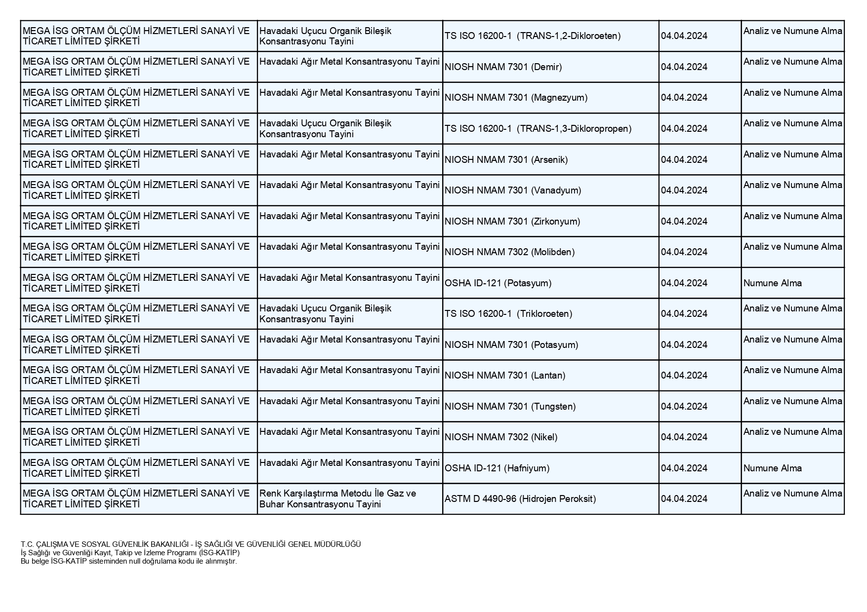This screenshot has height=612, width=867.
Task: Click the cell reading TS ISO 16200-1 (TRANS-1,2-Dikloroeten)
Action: pyautogui.click(x=533, y=36)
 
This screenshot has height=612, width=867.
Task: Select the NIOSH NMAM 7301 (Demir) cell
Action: pyautogui.click(x=503, y=67)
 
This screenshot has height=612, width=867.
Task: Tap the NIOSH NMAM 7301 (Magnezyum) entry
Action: pyautogui.click(x=516, y=98)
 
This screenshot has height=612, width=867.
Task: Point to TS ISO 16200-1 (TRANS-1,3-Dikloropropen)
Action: pyautogui.click(x=538, y=129)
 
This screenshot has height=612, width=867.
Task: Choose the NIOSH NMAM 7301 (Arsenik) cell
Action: pyautogui.click(x=506, y=160)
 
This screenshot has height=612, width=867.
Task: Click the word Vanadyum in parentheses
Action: pyautogui.click(x=556, y=191)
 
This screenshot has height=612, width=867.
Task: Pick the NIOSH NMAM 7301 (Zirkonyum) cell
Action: pyautogui.click(x=512, y=222)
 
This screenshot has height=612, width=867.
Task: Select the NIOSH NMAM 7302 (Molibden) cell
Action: pyautogui.click(x=509, y=252)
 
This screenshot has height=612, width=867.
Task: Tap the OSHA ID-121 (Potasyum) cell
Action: pyautogui.click(x=498, y=283)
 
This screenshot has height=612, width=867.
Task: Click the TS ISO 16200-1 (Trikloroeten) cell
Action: pyautogui.click(x=508, y=314)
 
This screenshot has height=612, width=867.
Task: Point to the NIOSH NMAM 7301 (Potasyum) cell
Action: pyautogui.click(x=511, y=345)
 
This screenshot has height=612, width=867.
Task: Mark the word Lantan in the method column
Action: pyautogui.click(x=548, y=376)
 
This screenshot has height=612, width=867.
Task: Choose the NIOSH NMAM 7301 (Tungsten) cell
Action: pyautogui.click(x=510, y=407)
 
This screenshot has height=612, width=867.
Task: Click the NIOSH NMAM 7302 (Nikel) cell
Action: pyautogui.click(x=501, y=437)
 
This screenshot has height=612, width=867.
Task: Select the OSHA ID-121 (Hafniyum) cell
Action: pyautogui.click(x=497, y=468)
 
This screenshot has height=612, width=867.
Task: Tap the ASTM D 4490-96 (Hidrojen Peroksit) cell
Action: pyautogui.click(x=520, y=499)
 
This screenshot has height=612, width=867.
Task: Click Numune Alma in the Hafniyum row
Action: pyautogui.click(x=773, y=468)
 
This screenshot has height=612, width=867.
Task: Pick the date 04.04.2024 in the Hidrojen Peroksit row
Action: pyautogui.click(x=684, y=499)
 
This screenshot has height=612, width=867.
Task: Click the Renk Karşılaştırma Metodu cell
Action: pyautogui.click(x=338, y=498)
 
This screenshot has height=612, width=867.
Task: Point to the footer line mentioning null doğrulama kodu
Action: pyautogui.click(x=129, y=561)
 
